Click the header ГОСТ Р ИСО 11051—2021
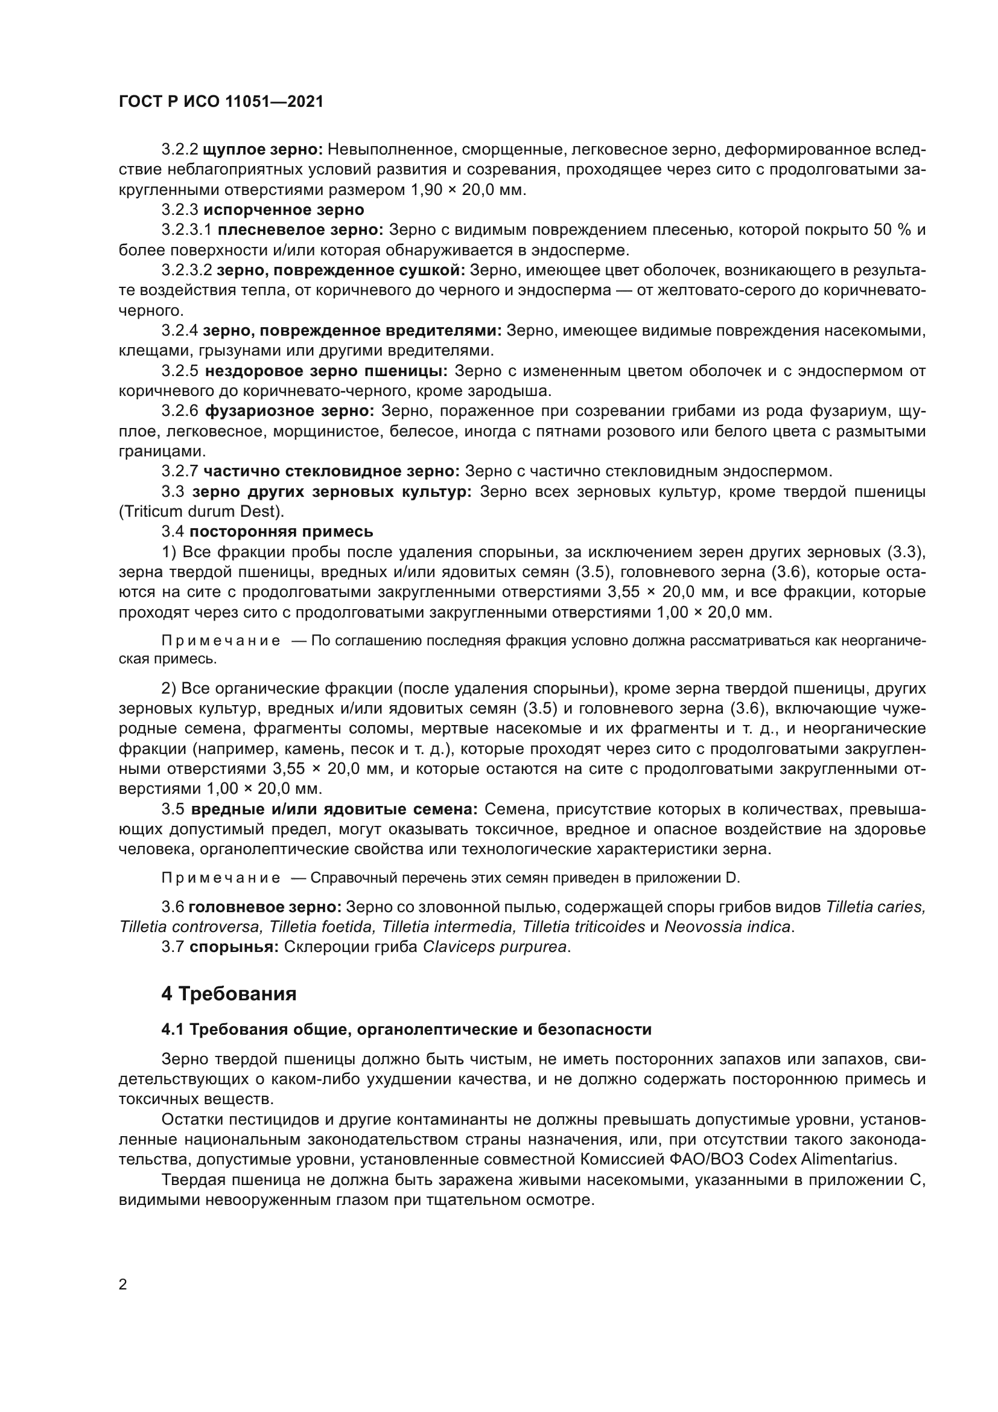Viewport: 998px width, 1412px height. [221, 102]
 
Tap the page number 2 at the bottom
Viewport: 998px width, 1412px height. [123, 1284]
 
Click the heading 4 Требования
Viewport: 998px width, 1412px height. [229, 994]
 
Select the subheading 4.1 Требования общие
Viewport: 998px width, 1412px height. [406, 1029]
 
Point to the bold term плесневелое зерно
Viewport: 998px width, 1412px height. [300, 230]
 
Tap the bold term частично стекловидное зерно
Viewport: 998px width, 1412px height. [331, 471]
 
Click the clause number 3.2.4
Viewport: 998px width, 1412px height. [179, 331]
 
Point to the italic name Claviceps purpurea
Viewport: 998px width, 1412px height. [495, 947]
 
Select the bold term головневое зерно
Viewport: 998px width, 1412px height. [265, 907]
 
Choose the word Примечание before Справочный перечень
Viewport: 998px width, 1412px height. [221, 878]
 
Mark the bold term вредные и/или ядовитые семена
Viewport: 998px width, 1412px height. [334, 810]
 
